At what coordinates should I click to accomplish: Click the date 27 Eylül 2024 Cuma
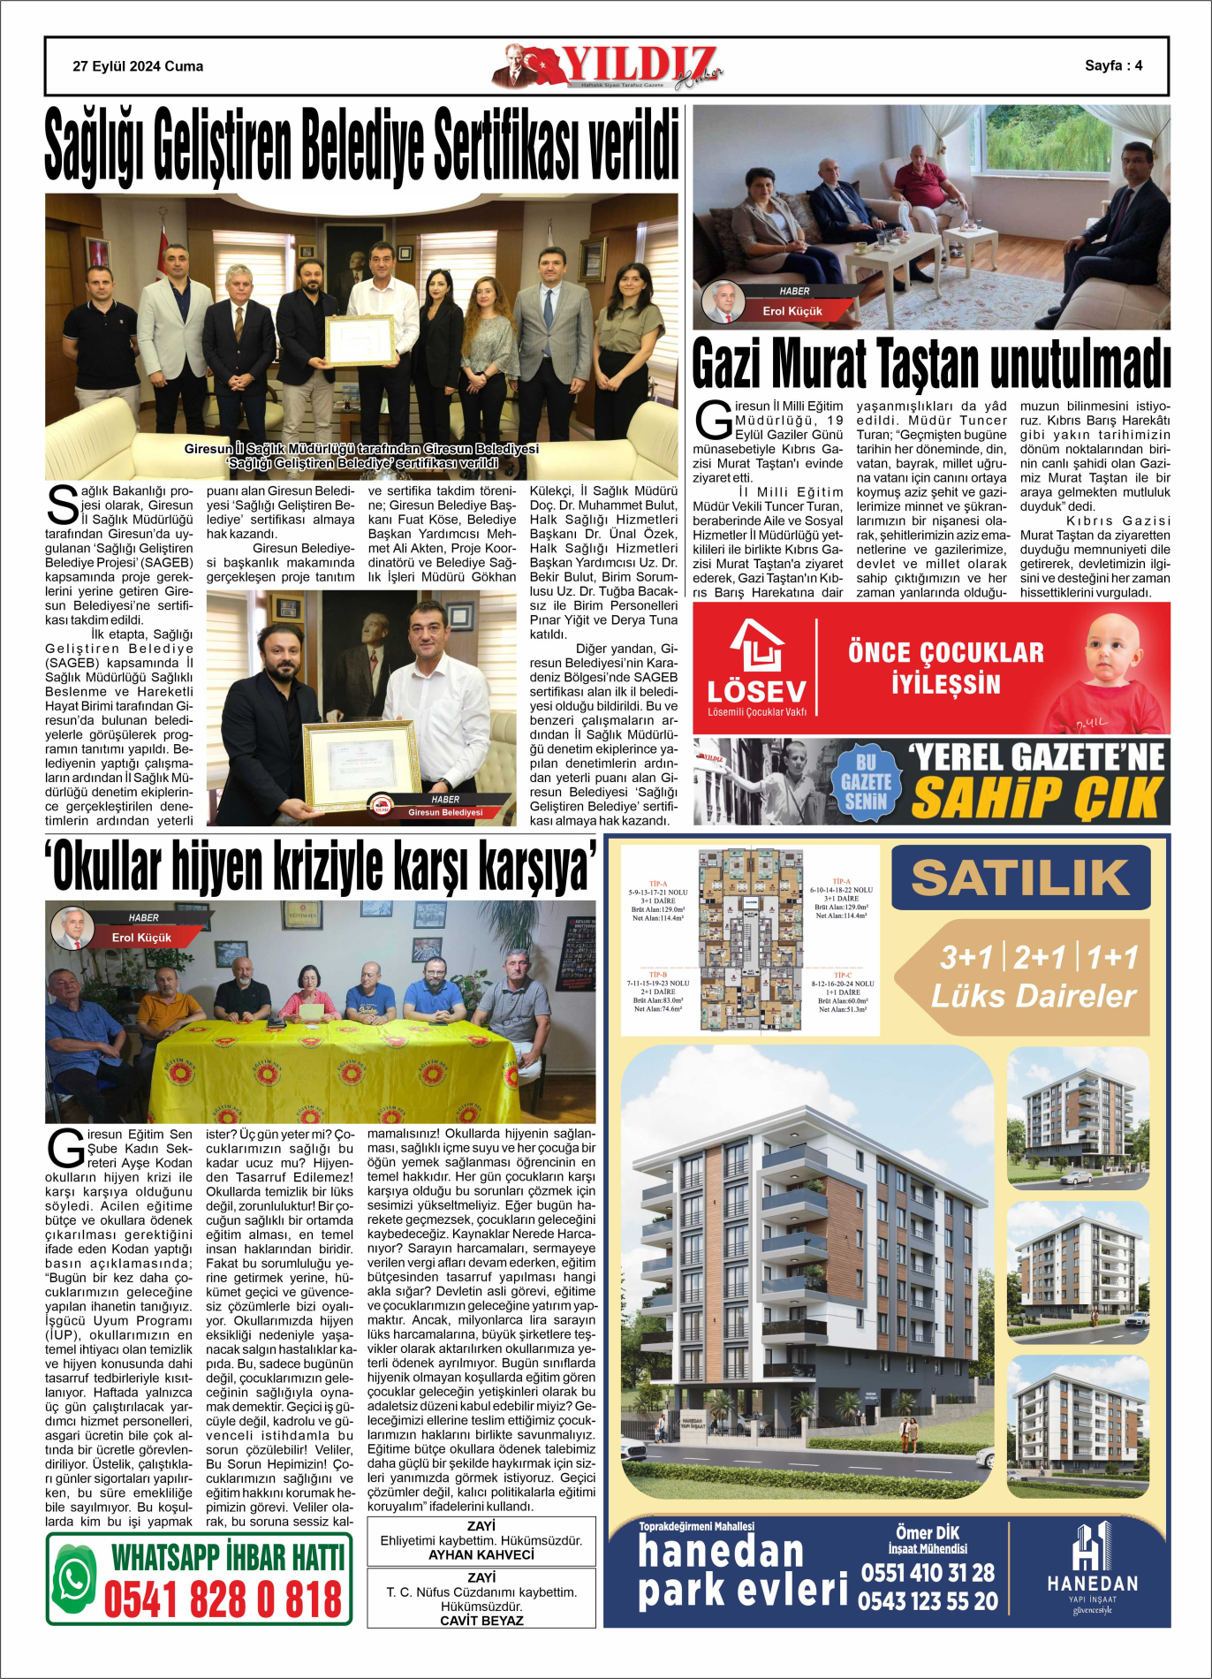[138, 66]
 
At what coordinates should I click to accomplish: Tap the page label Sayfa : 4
[1113, 65]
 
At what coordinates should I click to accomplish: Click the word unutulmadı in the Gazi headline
[1079, 363]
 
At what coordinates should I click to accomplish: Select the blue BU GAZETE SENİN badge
[865, 781]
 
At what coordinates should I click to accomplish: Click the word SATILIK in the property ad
[1020, 877]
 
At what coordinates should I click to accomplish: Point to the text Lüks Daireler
[1034, 996]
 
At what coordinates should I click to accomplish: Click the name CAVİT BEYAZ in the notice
[481, 1621]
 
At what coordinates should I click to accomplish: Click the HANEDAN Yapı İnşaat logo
[1092, 1569]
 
